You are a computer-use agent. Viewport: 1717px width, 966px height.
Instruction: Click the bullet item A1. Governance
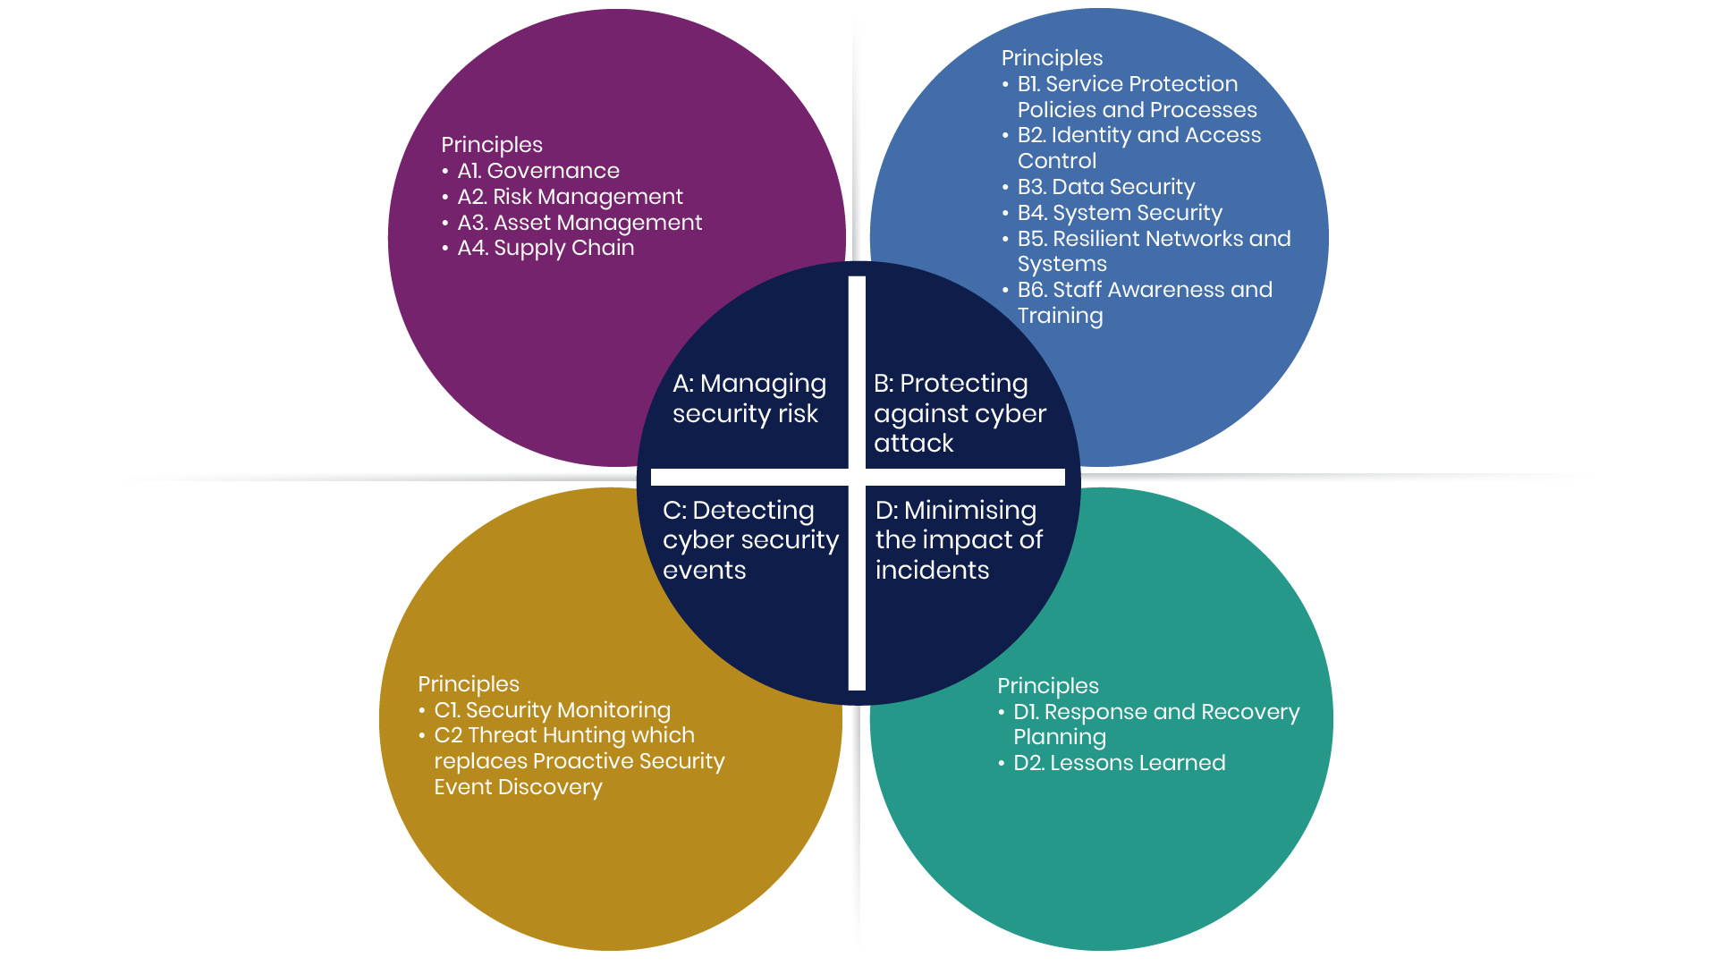[x=538, y=171]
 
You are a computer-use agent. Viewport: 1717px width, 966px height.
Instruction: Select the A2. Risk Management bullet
[x=570, y=197]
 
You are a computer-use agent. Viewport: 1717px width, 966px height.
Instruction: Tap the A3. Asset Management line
[x=579, y=223]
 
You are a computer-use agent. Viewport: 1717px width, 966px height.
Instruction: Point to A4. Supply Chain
[x=546, y=248]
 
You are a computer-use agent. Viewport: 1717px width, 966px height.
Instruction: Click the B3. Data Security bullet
[x=1105, y=187]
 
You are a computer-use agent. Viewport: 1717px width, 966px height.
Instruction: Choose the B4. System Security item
[x=1120, y=213]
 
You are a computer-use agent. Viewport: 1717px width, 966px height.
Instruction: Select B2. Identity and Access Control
[x=1138, y=148]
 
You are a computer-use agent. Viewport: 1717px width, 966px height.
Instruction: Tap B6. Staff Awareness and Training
[x=1145, y=302]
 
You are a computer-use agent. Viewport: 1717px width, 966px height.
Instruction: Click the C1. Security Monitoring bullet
[x=552, y=710]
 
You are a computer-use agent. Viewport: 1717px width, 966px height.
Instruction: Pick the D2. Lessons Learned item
[x=1119, y=763]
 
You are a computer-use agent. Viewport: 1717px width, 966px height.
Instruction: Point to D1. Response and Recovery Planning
[x=1155, y=724]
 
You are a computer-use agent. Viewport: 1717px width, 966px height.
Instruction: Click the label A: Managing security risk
[x=749, y=398]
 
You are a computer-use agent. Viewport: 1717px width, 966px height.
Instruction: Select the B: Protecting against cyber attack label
[x=960, y=412]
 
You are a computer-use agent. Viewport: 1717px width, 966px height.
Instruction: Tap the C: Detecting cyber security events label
[x=750, y=539]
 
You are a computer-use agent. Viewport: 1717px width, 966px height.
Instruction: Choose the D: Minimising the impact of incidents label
[x=959, y=539]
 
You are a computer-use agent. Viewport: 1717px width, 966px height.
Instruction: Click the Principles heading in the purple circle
[x=492, y=145]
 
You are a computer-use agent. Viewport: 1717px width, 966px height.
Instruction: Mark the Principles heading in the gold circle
[x=469, y=684]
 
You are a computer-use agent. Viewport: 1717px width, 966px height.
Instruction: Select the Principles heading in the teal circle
[x=1048, y=686]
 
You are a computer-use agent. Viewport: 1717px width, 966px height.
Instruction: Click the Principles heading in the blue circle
[x=1052, y=58]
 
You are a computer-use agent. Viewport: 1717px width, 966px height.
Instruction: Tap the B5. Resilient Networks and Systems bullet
[x=1154, y=251]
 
